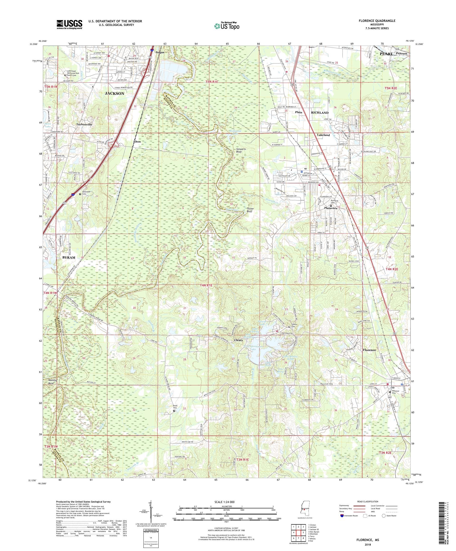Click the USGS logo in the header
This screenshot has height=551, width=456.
(x=69, y=24)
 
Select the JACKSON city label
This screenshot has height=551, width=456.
(x=114, y=93)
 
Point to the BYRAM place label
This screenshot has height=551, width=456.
(x=69, y=257)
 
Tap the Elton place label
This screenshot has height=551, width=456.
(x=137, y=141)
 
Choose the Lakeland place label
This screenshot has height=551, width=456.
(x=323, y=135)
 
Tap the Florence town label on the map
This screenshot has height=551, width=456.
(x=369, y=350)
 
